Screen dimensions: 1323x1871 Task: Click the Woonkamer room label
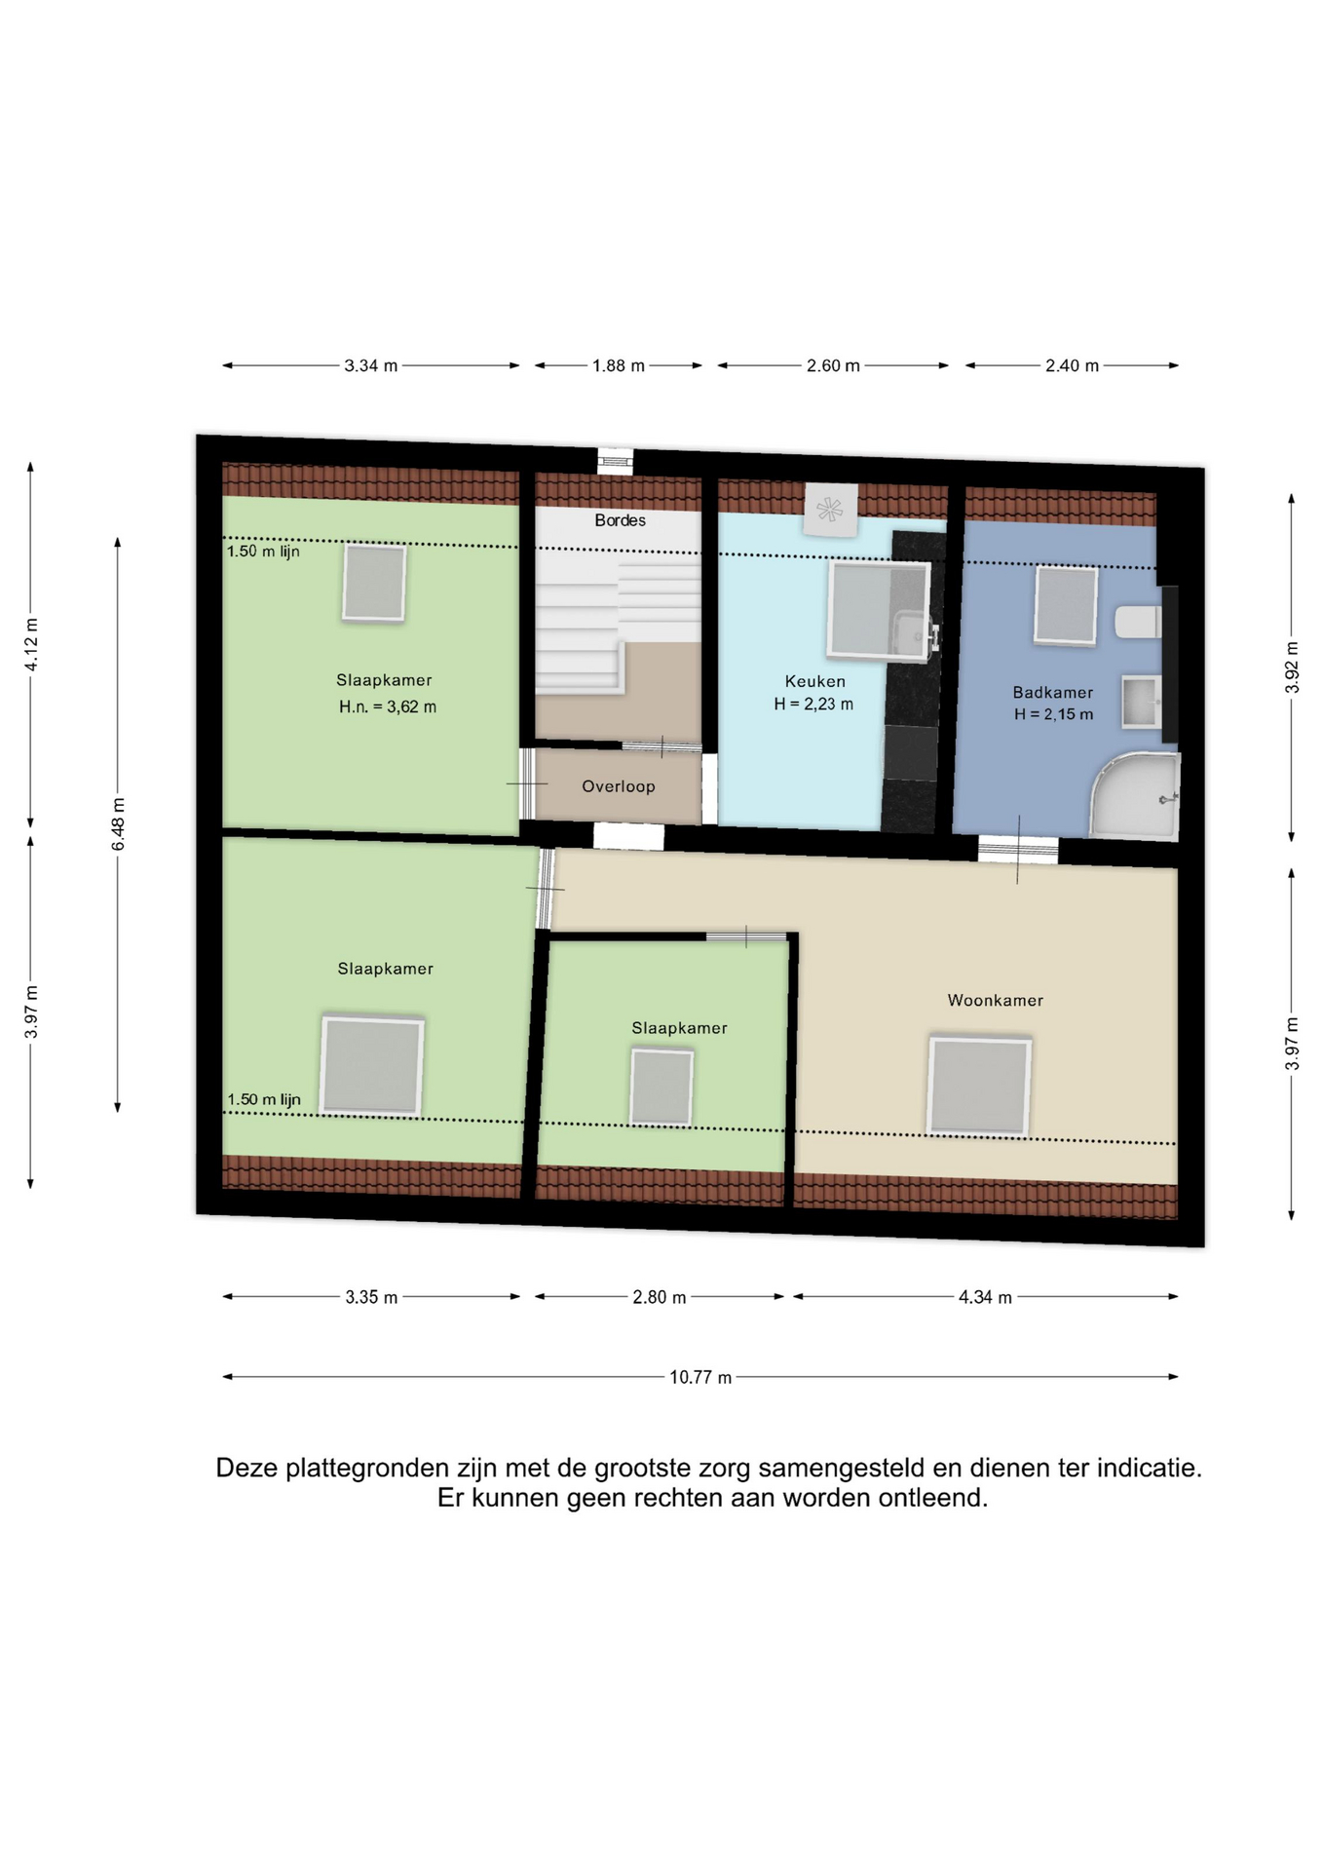point(995,1000)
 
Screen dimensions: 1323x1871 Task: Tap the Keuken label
point(814,681)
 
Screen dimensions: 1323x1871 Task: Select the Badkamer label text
point(1052,692)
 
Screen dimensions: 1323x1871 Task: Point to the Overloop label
point(618,786)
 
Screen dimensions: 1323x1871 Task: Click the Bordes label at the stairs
point(620,520)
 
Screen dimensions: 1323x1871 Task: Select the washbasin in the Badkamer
point(1141,702)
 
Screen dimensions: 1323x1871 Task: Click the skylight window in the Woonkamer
point(979,1086)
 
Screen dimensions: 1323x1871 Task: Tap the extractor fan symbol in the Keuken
point(830,509)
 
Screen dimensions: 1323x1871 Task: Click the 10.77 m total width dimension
point(699,1377)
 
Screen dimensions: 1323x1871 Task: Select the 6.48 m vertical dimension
point(118,823)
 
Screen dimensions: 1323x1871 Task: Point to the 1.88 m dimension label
point(619,365)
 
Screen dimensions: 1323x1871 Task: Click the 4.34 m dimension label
point(985,1297)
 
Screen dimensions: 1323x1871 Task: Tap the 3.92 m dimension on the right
point(1292,668)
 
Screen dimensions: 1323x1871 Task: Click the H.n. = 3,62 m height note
point(387,707)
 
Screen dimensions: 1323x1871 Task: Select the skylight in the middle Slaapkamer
point(661,1087)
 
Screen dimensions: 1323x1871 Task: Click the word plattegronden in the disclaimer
point(376,1468)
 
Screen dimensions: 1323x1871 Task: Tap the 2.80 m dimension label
point(660,1297)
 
